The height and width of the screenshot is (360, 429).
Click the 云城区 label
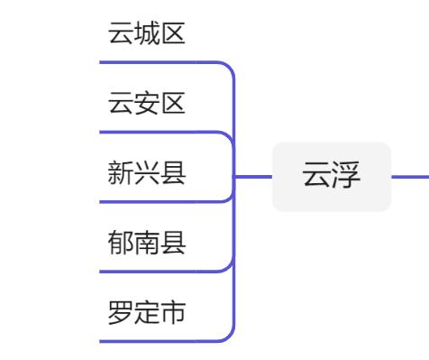pos(147,34)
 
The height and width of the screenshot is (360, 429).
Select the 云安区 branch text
pos(147,104)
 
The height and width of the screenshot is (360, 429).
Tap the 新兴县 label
pos(147,173)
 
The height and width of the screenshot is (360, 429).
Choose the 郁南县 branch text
pos(147,243)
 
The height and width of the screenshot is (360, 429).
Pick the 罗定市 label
pos(147,312)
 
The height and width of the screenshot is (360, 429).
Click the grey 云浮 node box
pos(332,177)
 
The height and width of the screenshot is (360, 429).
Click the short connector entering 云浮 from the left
pos(254,177)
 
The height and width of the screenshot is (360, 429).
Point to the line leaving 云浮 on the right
pos(410,177)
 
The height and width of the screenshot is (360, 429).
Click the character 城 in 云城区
pos(147,34)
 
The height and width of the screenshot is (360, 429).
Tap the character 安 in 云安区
pos(147,104)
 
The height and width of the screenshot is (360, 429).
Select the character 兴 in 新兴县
pos(147,173)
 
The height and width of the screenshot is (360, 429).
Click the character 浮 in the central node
pos(346,177)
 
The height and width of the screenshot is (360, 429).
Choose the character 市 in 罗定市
pos(173,312)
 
